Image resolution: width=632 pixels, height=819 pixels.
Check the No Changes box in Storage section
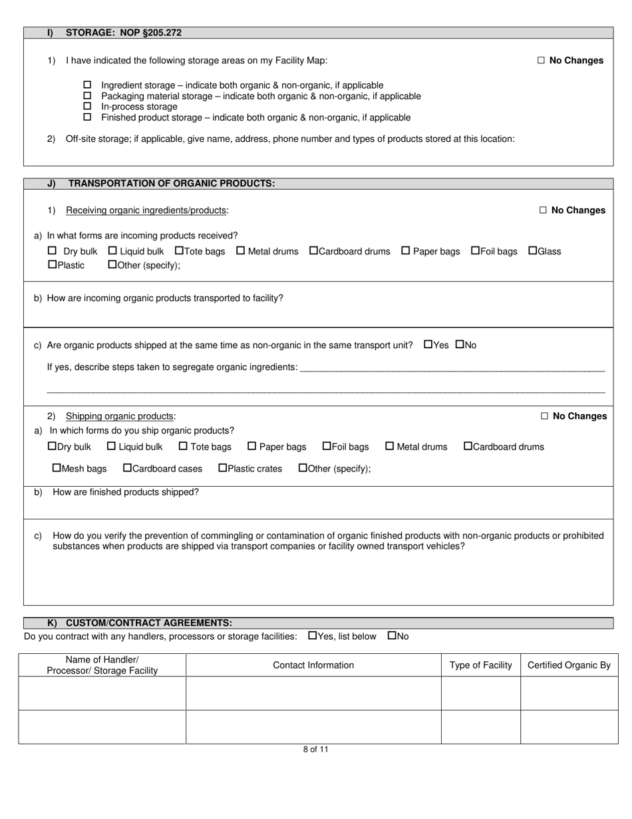click(x=541, y=61)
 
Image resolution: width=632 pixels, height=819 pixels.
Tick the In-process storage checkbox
click(x=87, y=107)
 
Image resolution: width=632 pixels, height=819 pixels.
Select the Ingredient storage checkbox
click(x=87, y=85)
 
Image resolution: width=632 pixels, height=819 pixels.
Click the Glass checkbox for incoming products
click(x=532, y=251)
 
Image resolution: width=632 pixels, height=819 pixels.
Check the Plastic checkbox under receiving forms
click(x=53, y=265)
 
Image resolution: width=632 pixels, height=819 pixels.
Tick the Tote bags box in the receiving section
click(x=179, y=251)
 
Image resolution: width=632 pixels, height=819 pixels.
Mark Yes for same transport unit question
click(x=428, y=345)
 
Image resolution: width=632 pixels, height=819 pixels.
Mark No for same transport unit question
click(x=460, y=345)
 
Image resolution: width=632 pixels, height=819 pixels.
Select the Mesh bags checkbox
click(x=57, y=468)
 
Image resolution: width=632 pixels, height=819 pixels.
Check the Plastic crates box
click(x=223, y=468)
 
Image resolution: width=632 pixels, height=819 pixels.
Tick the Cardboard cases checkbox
click(x=128, y=468)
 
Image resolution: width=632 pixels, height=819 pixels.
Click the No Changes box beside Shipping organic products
click(x=544, y=416)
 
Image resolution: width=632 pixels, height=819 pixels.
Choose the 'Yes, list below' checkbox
click(x=313, y=636)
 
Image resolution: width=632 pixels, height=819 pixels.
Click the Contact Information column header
click(x=313, y=665)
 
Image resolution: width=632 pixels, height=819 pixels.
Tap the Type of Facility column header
click(x=480, y=665)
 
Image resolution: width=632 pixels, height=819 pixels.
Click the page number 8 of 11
click(x=315, y=749)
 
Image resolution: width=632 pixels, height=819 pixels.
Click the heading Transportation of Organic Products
click(x=172, y=183)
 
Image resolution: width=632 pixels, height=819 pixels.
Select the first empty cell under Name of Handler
click(x=102, y=693)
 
